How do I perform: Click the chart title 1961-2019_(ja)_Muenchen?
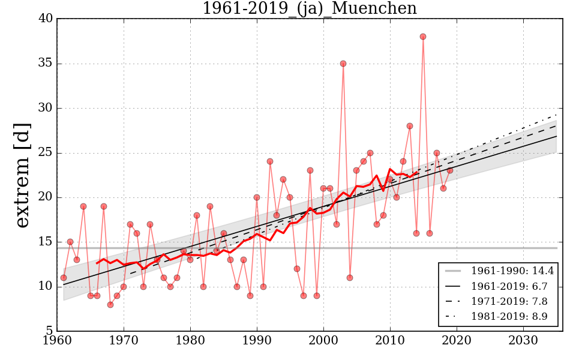[x=309, y=9]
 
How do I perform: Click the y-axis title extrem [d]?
[x=22, y=175]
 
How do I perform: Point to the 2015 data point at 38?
[x=423, y=37]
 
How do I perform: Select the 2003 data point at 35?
[x=343, y=64]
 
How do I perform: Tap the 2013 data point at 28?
[x=410, y=126]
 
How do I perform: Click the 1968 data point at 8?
[x=110, y=305]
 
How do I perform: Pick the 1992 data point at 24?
[x=270, y=161]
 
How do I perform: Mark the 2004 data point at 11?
[x=350, y=278]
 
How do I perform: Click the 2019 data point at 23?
[x=450, y=170]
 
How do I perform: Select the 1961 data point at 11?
[x=64, y=278]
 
